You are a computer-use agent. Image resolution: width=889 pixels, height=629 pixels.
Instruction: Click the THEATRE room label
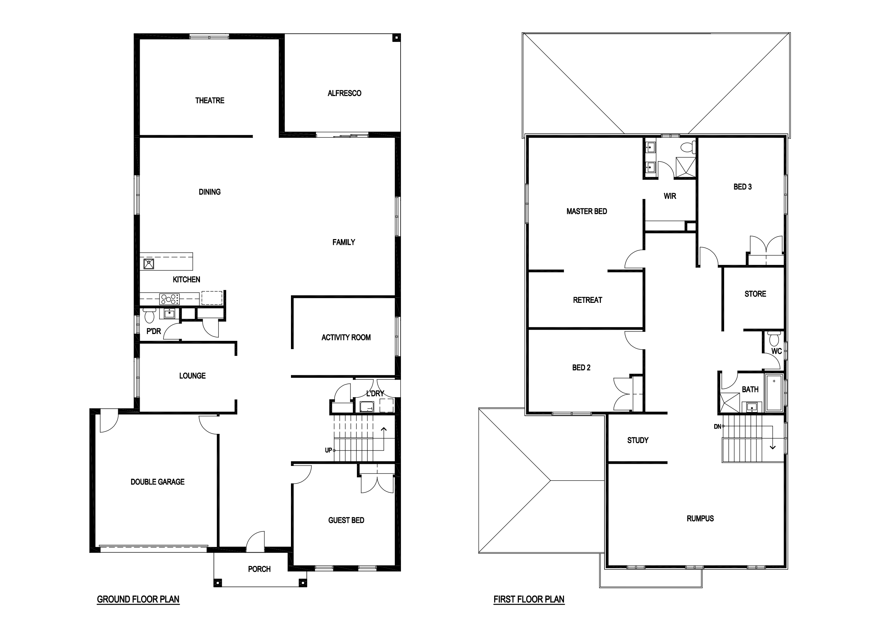point(210,101)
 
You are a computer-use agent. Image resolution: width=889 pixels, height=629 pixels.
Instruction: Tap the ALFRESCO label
point(344,93)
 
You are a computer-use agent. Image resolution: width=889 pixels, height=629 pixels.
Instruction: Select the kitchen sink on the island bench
point(149,264)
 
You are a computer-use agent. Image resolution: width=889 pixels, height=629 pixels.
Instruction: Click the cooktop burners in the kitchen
point(169,299)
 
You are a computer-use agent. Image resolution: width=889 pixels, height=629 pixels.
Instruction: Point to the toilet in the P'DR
point(149,315)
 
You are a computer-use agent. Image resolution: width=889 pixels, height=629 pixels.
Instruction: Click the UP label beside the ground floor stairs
point(328,450)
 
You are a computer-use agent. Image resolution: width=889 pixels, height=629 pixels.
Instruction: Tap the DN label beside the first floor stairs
point(717,427)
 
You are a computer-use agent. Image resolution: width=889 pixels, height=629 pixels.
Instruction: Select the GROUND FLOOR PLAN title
point(138,599)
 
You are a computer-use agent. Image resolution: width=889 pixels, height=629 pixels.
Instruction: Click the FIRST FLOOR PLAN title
point(529,599)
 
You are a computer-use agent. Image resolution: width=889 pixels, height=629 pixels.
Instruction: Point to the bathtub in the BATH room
point(774,392)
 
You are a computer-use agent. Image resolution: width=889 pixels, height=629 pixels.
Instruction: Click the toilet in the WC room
point(774,339)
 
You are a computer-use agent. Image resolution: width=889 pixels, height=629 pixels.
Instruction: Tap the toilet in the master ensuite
point(688,147)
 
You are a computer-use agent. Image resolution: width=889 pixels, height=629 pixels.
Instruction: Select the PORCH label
point(259,569)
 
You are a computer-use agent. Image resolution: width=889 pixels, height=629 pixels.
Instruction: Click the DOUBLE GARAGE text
point(157,482)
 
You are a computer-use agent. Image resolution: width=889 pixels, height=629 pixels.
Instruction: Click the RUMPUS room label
point(700,519)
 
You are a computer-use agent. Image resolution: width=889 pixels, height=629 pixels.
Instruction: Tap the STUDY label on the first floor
point(638,440)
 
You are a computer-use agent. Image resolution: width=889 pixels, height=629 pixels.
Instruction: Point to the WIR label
point(670,196)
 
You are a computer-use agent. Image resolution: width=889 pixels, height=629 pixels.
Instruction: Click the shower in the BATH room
point(729,402)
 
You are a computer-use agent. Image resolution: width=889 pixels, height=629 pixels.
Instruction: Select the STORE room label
point(755,294)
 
